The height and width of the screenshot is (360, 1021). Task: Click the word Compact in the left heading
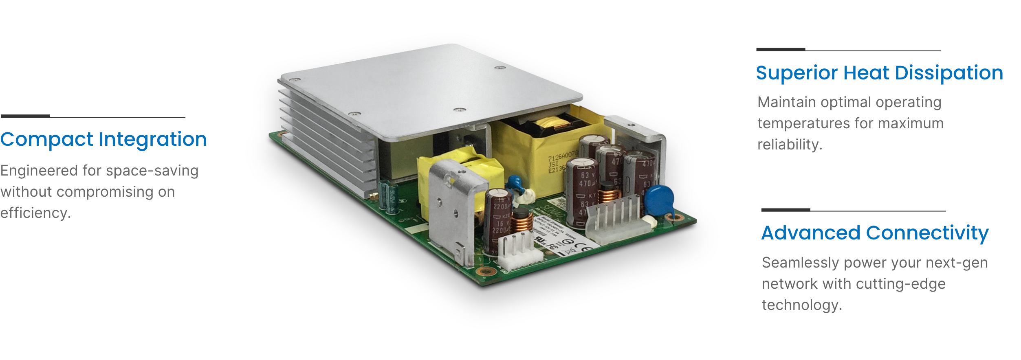tap(46, 140)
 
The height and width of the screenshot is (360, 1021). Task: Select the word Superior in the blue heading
tap(797, 73)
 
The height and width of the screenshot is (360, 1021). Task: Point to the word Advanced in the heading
tap(810, 233)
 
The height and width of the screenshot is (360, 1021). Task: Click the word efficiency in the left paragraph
tap(35, 213)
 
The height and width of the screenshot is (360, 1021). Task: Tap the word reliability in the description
tap(789, 145)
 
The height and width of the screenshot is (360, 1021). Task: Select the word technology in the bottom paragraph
tap(801, 305)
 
